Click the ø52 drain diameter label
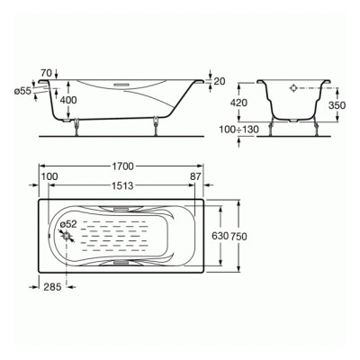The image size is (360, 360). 69,225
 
